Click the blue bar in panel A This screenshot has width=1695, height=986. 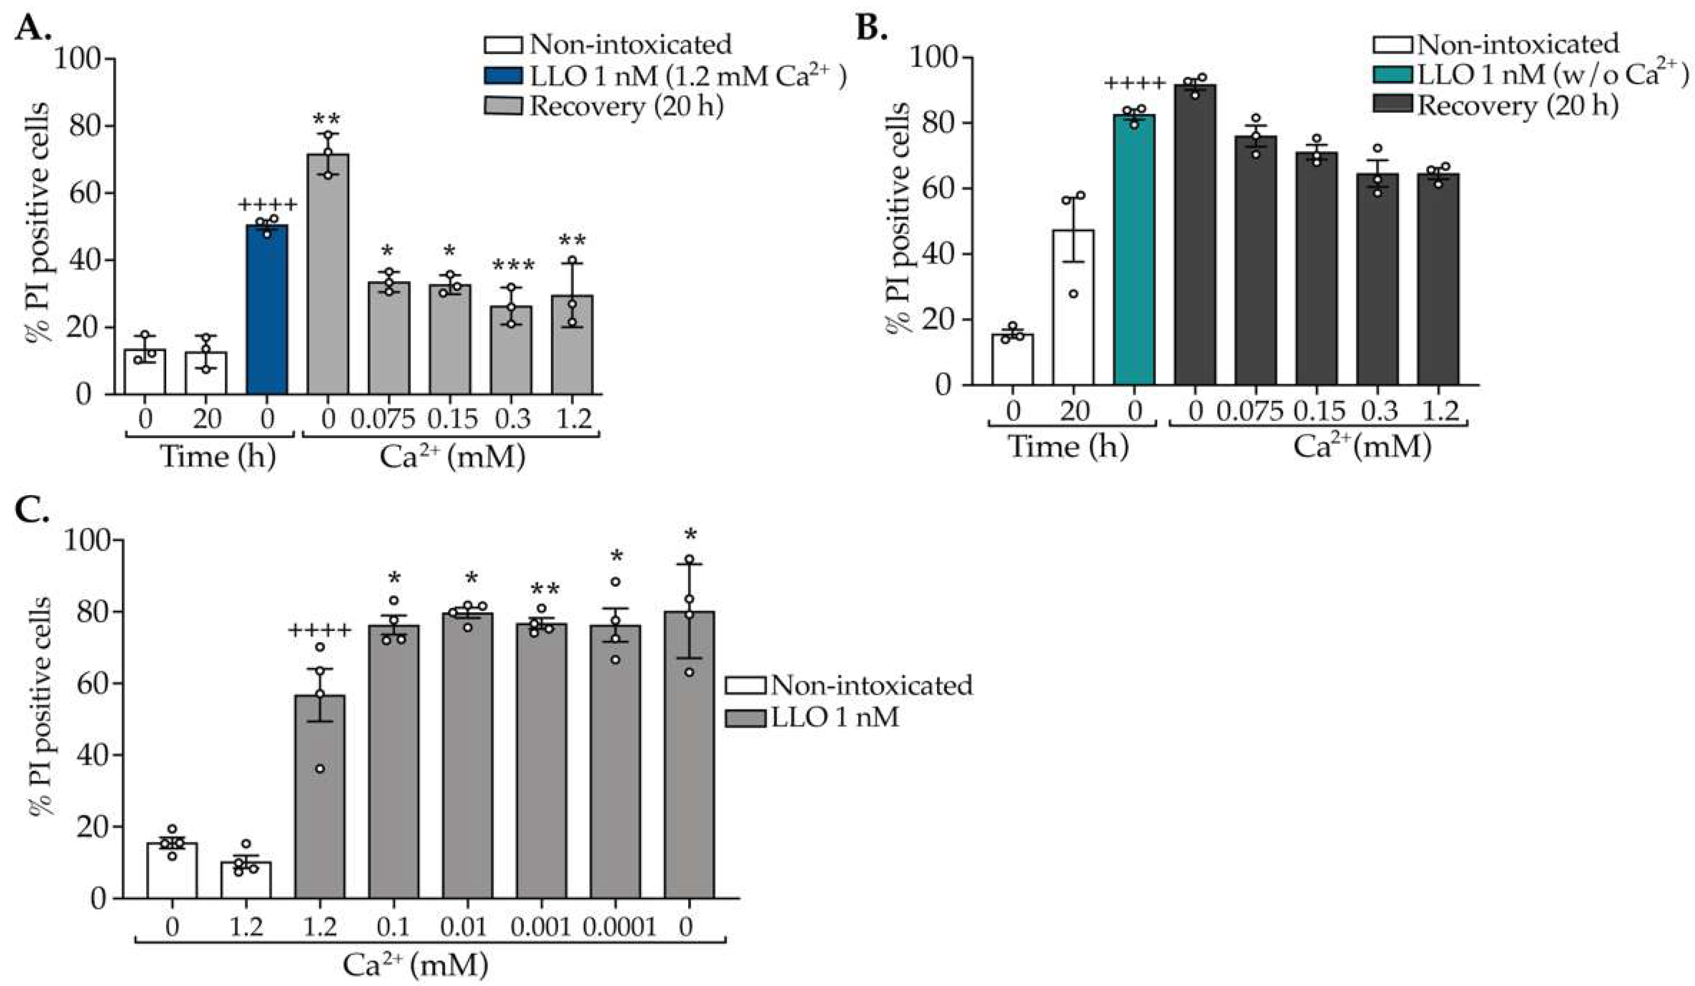point(267,310)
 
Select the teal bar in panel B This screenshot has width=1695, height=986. point(1134,249)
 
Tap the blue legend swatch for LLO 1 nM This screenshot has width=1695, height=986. point(503,75)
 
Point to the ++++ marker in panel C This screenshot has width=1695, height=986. point(320,631)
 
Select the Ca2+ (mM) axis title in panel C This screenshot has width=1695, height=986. point(415,966)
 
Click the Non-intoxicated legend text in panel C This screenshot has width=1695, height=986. point(871,685)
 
